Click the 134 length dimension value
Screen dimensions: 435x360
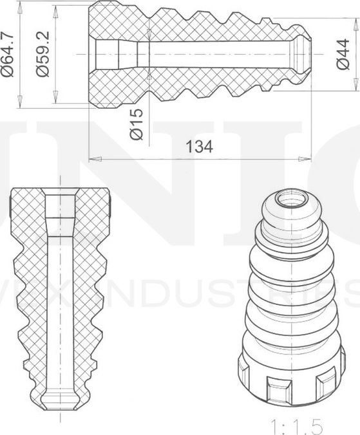tap(199, 147)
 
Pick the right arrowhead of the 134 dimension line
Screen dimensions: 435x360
tap(307, 158)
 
